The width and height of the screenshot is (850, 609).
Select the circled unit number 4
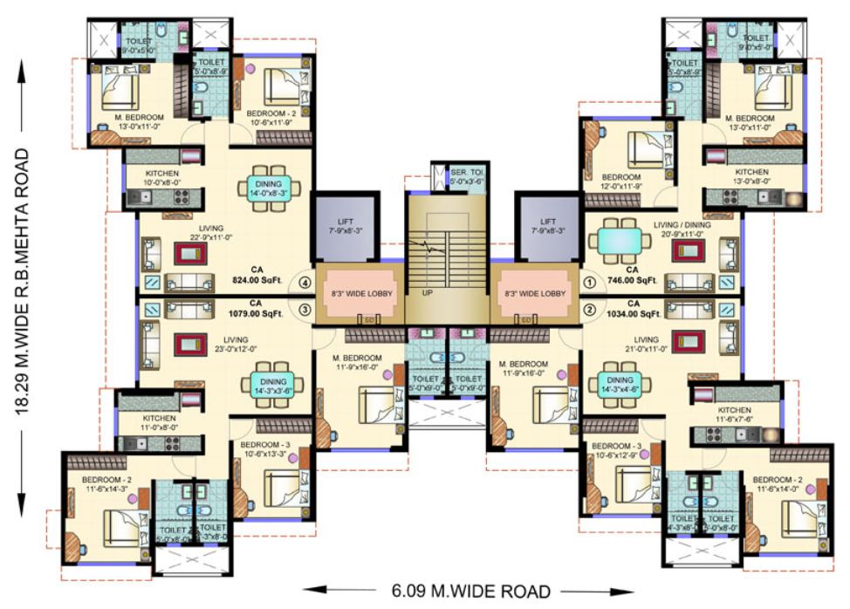[x=305, y=283]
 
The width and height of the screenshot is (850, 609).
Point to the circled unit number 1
[x=589, y=283]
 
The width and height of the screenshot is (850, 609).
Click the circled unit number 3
[x=305, y=309]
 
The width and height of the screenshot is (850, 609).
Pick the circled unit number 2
[x=589, y=308]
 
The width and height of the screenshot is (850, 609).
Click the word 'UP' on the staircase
[x=428, y=293]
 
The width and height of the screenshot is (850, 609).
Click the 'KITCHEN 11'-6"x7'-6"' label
[x=734, y=414]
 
